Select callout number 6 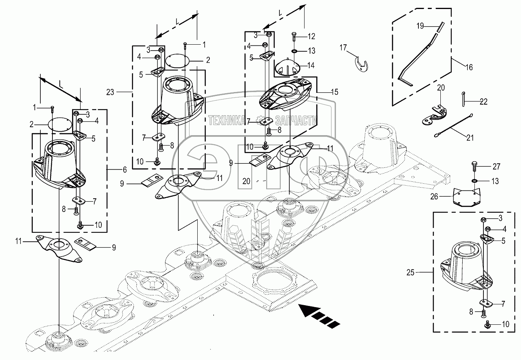124,169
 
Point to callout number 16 468,67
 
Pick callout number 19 420,26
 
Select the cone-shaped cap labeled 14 287,67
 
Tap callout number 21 469,137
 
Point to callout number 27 496,167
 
